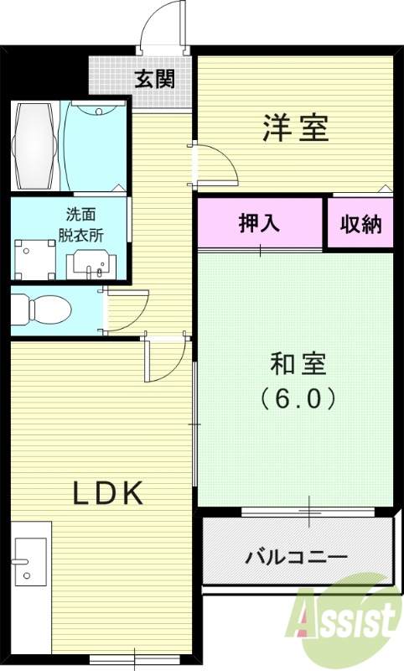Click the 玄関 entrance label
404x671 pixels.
coord(155,80)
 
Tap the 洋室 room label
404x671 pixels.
coord(295,127)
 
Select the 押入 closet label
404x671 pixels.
coord(260,223)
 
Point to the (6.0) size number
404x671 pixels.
coord(298,396)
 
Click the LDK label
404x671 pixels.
coord(108,493)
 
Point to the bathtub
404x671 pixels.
coord(34,145)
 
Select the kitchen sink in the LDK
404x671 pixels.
coord(30,559)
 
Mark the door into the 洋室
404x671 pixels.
coord(216,164)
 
